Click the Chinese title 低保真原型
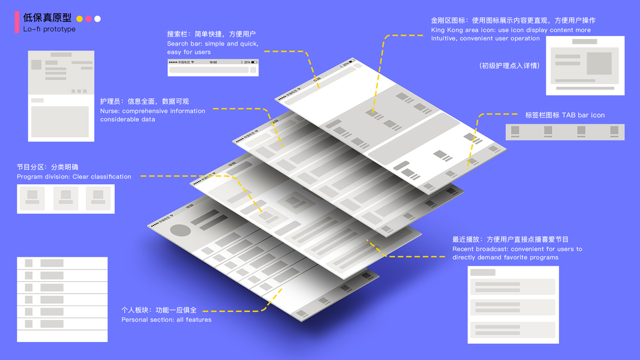(47, 18)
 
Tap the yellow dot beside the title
(80, 19)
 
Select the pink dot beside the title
(89, 19)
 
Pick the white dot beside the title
(98, 19)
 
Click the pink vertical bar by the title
(17, 22)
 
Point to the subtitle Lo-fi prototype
(49, 29)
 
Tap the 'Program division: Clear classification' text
(74, 176)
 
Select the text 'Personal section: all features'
(166, 320)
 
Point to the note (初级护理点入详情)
(509, 65)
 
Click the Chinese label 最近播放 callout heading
(510, 239)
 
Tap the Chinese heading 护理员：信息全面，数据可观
(145, 101)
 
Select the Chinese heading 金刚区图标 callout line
(513, 20)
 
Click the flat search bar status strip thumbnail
(213, 67)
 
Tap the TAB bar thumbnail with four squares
(564, 131)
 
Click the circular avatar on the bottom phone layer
(181, 230)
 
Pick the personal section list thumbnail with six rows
(62, 299)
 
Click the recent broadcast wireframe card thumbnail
(513, 304)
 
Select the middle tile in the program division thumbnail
(65, 198)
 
